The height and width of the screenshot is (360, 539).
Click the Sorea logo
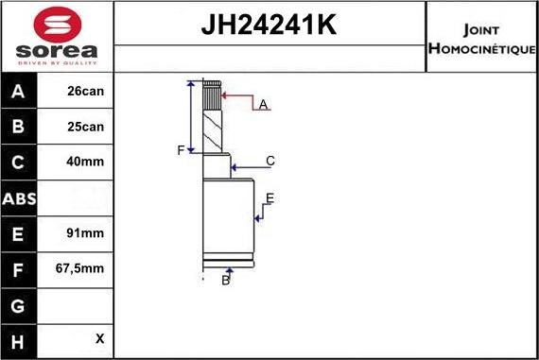pyautogui.click(x=56, y=36)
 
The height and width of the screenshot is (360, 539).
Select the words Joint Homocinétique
pyautogui.click(x=481, y=37)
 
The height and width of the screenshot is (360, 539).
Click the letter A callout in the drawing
pyautogui.click(x=263, y=104)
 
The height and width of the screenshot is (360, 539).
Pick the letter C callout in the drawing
pyautogui.click(x=269, y=161)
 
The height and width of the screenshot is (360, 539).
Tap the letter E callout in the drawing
pyautogui.click(x=269, y=198)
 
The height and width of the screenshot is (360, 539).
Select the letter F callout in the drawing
pyautogui.click(x=180, y=150)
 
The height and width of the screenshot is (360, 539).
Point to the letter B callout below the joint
pyautogui.click(x=226, y=280)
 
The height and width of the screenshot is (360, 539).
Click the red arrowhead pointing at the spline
pyautogui.click(x=225, y=95)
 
